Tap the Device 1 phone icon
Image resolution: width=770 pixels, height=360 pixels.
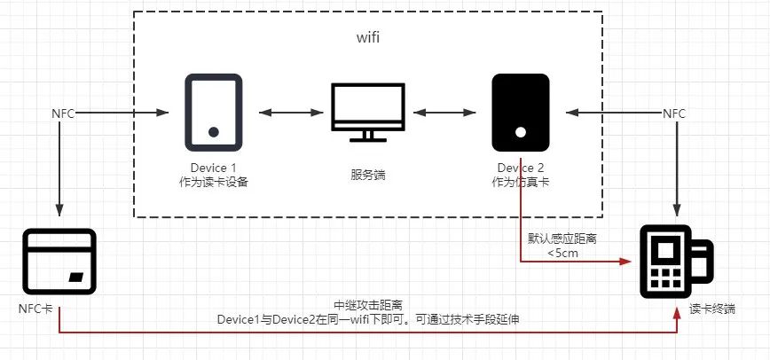click(x=214, y=113)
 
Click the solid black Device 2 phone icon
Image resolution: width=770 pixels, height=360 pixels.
click(x=521, y=113)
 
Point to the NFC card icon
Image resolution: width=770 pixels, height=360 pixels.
click(x=59, y=262)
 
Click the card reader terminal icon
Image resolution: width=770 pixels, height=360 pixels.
click(x=675, y=262)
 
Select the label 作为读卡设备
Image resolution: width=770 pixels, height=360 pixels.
click(x=214, y=183)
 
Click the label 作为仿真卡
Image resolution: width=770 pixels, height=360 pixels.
click(x=521, y=183)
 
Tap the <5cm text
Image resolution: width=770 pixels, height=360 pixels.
click(x=562, y=254)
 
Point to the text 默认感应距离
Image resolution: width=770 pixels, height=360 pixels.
click(x=562, y=239)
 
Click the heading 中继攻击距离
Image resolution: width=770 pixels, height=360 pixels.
click(x=366, y=303)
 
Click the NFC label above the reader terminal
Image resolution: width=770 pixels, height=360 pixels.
click(x=674, y=113)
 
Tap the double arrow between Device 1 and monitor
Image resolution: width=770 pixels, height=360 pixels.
click(x=289, y=113)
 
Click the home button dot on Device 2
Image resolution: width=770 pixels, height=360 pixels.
click(x=521, y=132)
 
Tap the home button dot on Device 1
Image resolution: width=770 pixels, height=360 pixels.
click(x=214, y=132)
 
